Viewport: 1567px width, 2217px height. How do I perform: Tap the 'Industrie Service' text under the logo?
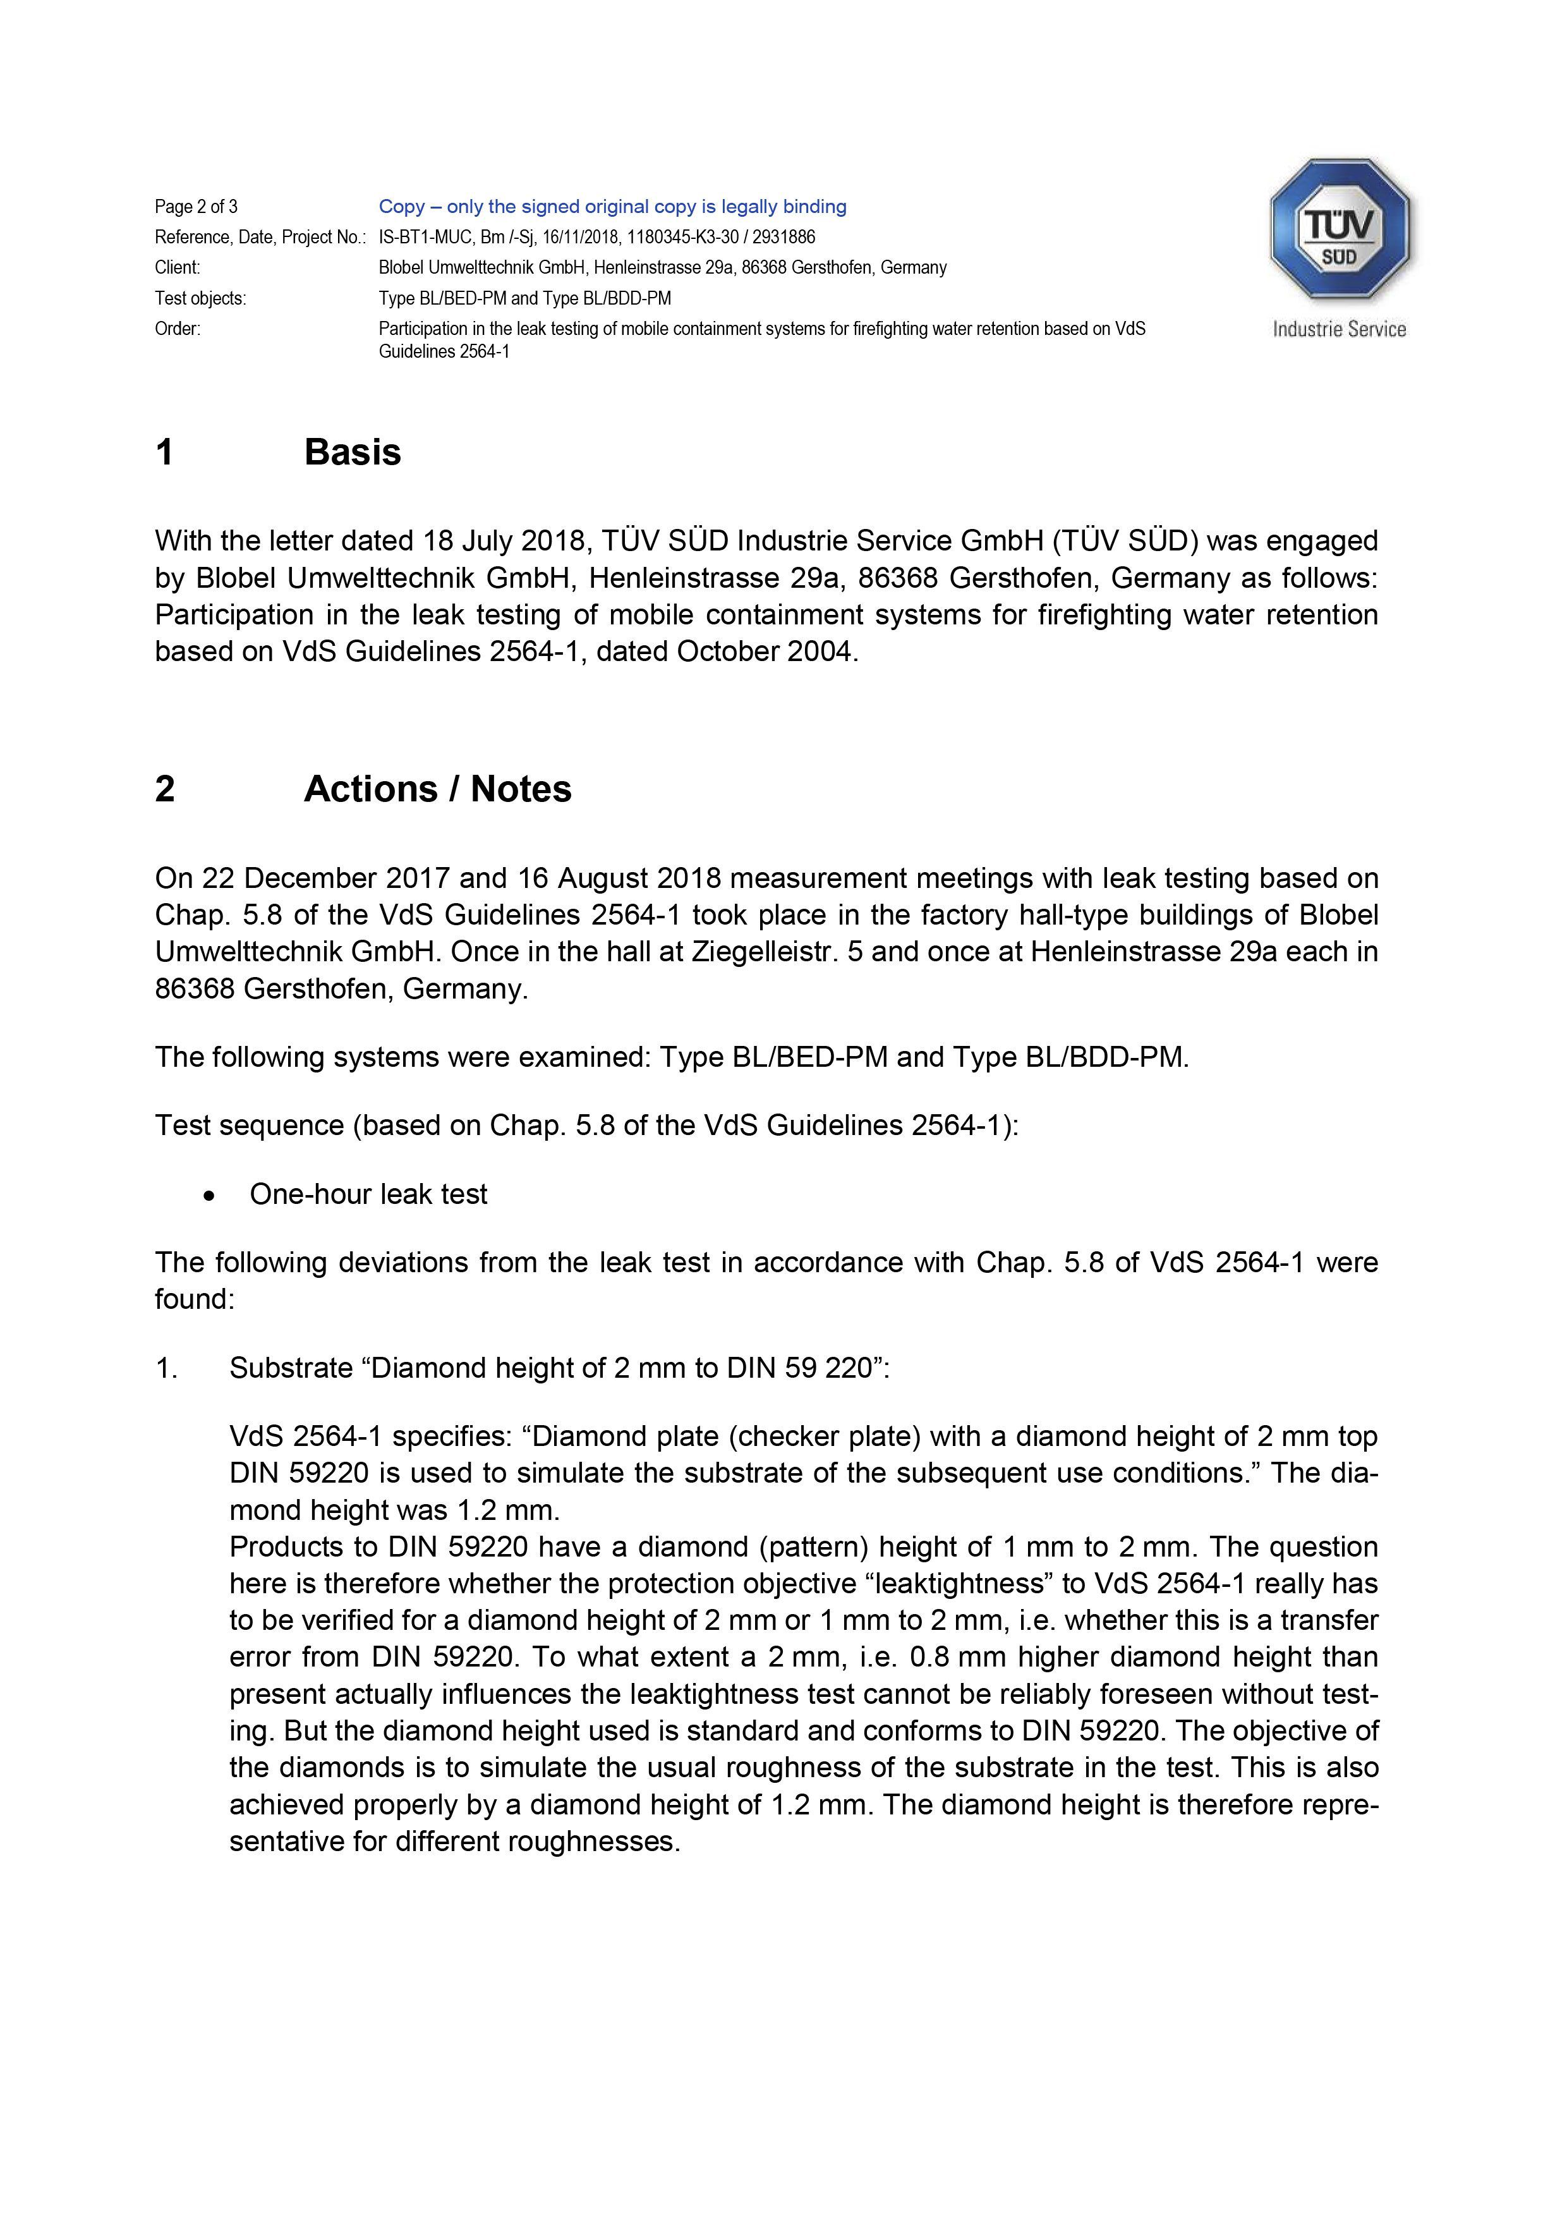(1338, 329)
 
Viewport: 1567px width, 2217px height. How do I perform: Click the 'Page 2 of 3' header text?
(196, 207)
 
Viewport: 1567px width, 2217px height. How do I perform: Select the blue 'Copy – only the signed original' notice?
(612, 207)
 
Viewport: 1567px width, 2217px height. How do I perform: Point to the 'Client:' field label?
(178, 267)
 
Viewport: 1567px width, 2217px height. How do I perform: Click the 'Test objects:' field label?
(200, 298)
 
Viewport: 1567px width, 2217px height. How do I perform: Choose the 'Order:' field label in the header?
(178, 328)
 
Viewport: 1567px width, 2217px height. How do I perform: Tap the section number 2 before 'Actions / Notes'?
(165, 789)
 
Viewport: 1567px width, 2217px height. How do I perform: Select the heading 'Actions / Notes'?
(437, 789)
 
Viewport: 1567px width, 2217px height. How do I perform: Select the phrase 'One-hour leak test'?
(368, 1194)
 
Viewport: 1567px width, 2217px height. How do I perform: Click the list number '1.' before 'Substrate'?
(166, 1368)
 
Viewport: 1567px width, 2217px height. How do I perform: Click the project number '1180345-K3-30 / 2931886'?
(721, 236)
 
